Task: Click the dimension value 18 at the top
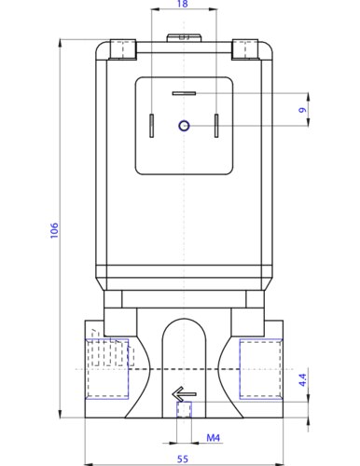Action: [182, 5]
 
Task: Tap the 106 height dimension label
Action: [54, 229]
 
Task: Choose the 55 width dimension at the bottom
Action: [182, 459]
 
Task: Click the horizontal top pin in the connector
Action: [184, 94]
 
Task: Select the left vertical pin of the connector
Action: [151, 125]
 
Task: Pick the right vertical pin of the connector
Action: [215, 125]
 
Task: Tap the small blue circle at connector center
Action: [184, 125]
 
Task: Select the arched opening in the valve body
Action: [183, 349]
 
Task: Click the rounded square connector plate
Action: [183, 125]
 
